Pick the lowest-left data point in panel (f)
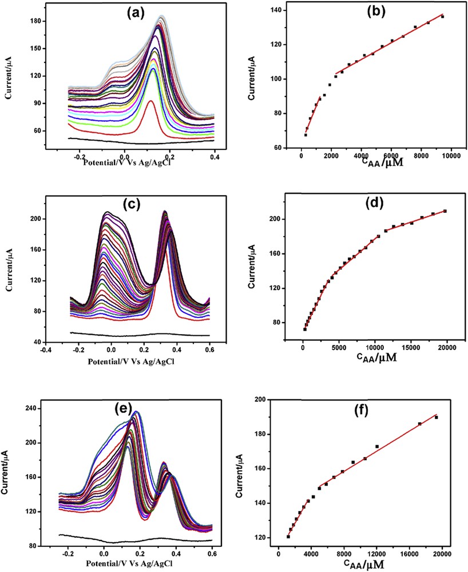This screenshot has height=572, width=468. click(288, 537)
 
